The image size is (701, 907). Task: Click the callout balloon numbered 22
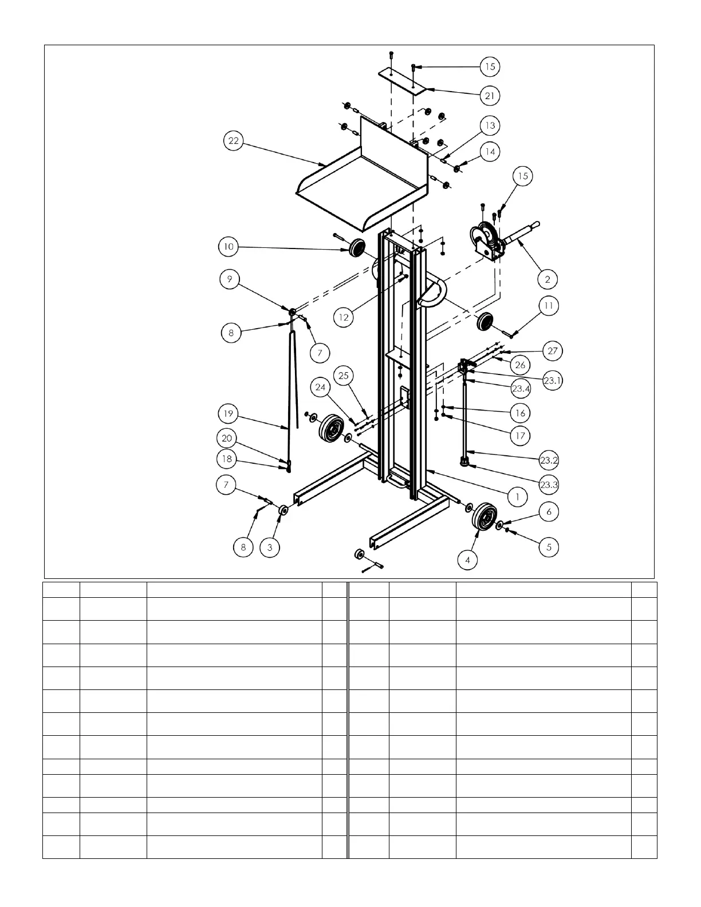pos(233,141)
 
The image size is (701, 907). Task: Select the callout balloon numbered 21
pos(489,96)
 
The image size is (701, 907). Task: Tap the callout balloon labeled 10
pos(229,247)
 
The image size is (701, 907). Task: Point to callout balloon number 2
pos(548,279)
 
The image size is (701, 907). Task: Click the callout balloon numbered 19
pos(229,413)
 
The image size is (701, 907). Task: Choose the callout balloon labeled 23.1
pos(552,381)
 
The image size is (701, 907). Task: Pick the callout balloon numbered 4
pos(468,559)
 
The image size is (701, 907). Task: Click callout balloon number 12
pos(344,317)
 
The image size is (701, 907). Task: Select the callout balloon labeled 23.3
pos(549,484)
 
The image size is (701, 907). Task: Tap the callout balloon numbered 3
pos(270,547)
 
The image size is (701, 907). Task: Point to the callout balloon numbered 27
pos(553,350)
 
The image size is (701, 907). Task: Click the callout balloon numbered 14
pos(490,152)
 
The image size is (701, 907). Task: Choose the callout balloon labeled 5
pos(549,547)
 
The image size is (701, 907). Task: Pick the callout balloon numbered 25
pos(344,376)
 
